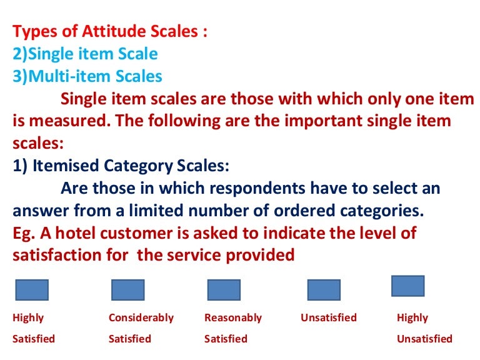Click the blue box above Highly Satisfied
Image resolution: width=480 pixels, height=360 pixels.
point(31,290)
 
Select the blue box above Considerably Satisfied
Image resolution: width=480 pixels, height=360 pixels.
point(127,290)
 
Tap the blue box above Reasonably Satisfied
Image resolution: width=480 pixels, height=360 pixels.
point(224,290)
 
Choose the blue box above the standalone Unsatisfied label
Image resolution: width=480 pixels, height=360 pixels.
point(324,290)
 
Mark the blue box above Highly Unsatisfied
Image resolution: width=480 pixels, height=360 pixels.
point(407,286)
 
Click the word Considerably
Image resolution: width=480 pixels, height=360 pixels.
point(141,317)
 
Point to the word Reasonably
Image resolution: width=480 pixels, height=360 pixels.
point(232,317)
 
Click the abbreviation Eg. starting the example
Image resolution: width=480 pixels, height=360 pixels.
point(23,233)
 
